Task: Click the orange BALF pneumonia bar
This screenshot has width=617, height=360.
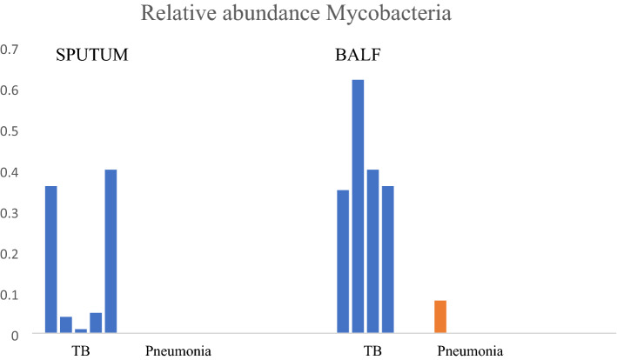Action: coord(440,317)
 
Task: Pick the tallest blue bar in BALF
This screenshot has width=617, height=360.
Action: coord(358,206)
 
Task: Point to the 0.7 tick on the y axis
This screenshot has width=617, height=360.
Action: coord(10,50)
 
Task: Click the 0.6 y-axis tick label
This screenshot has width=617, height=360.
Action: coord(10,90)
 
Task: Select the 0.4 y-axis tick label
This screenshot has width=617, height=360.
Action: coord(10,172)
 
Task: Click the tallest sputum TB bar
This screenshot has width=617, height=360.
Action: coord(111,251)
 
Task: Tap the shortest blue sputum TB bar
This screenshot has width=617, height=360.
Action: coord(81,330)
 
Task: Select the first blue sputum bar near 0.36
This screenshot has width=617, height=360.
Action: coord(50,260)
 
